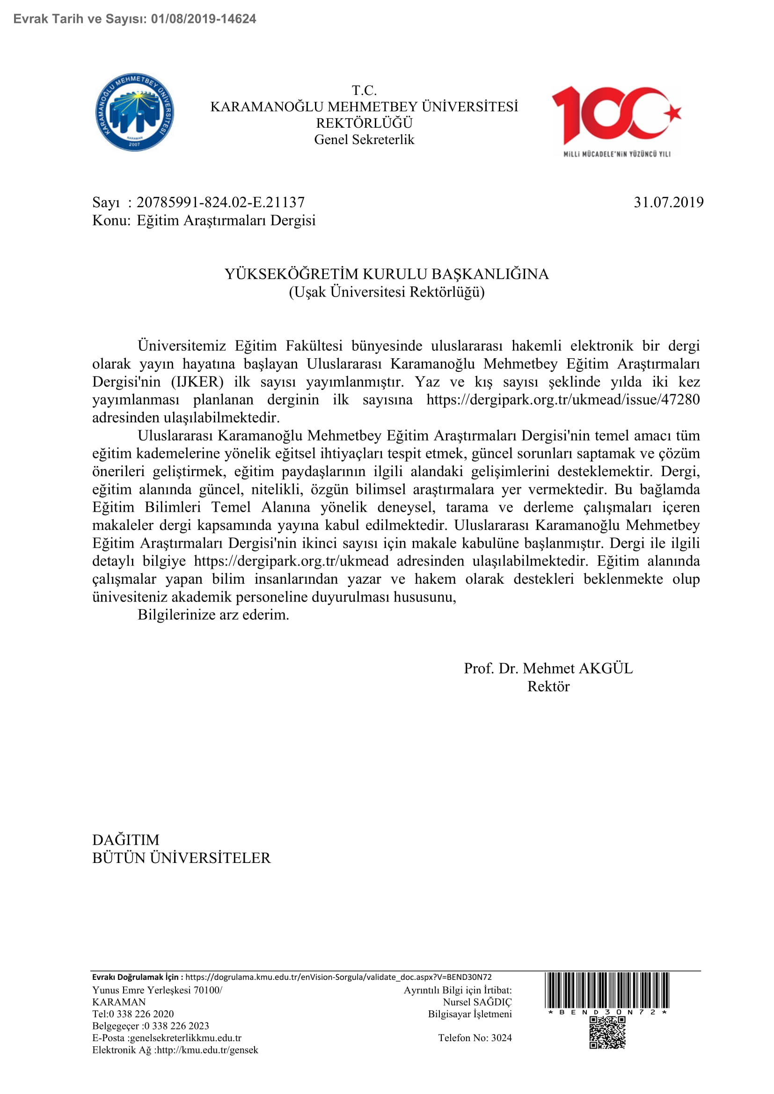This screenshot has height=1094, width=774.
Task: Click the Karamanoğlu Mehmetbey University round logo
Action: pyautogui.click(x=134, y=112)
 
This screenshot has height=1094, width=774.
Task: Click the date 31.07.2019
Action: pyautogui.click(x=668, y=203)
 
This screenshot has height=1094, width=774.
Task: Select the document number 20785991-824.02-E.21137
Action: pyautogui.click(x=221, y=203)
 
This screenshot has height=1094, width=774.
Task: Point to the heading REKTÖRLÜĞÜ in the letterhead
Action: pyautogui.click(x=364, y=123)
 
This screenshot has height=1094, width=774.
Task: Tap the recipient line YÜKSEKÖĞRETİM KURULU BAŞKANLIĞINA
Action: pyautogui.click(x=387, y=274)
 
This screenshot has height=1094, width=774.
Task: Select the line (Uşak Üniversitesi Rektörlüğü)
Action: pyautogui.click(x=387, y=291)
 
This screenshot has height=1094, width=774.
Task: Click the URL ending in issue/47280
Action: pyautogui.click(x=563, y=399)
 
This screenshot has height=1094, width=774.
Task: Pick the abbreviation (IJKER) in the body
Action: pyautogui.click(x=197, y=382)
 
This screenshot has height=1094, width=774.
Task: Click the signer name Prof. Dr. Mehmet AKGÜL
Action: pyautogui.click(x=548, y=668)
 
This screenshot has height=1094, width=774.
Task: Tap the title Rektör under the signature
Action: pyautogui.click(x=548, y=687)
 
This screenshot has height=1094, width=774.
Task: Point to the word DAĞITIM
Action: pyautogui.click(x=126, y=840)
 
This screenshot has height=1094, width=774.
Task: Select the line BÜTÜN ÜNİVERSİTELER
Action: pyautogui.click(x=181, y=858)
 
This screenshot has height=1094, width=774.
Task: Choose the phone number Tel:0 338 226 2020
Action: pyautogui.click(x=133, y=1014)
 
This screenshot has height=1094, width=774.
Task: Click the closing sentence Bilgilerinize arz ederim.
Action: pyautogui.click(x=213, y=615)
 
